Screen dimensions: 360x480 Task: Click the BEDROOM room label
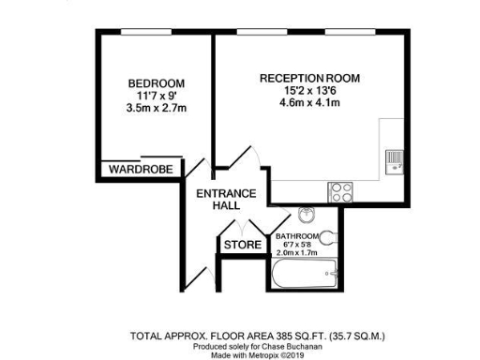coord(156,83)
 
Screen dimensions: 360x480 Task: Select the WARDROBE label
coord(139,170)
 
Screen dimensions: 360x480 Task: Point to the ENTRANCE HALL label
coord(225,200)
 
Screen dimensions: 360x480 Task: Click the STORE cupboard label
coord(242,246)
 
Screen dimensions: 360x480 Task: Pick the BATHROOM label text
coord(296,235)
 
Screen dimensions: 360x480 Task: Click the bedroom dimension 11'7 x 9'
coord(156,96)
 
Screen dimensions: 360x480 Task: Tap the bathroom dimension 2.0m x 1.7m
coord(296,253)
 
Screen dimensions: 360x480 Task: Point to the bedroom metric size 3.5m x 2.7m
coord(156,108)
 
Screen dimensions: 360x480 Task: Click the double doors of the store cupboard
coord(242,228)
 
